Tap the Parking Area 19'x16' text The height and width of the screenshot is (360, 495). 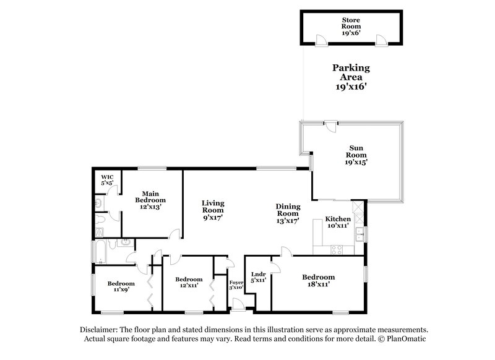[351, 77]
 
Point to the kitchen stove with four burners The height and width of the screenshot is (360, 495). [338, 249]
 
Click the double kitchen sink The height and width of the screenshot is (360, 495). [360, 234]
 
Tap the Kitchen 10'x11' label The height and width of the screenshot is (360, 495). [338, 223]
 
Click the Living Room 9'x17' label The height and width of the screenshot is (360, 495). [213, 210]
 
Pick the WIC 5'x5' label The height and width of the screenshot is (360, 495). [106, 179]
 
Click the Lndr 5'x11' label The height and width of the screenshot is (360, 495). [259, 276]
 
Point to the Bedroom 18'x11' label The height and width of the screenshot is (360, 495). [319, 280]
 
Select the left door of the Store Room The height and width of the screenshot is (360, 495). [322, 40]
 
